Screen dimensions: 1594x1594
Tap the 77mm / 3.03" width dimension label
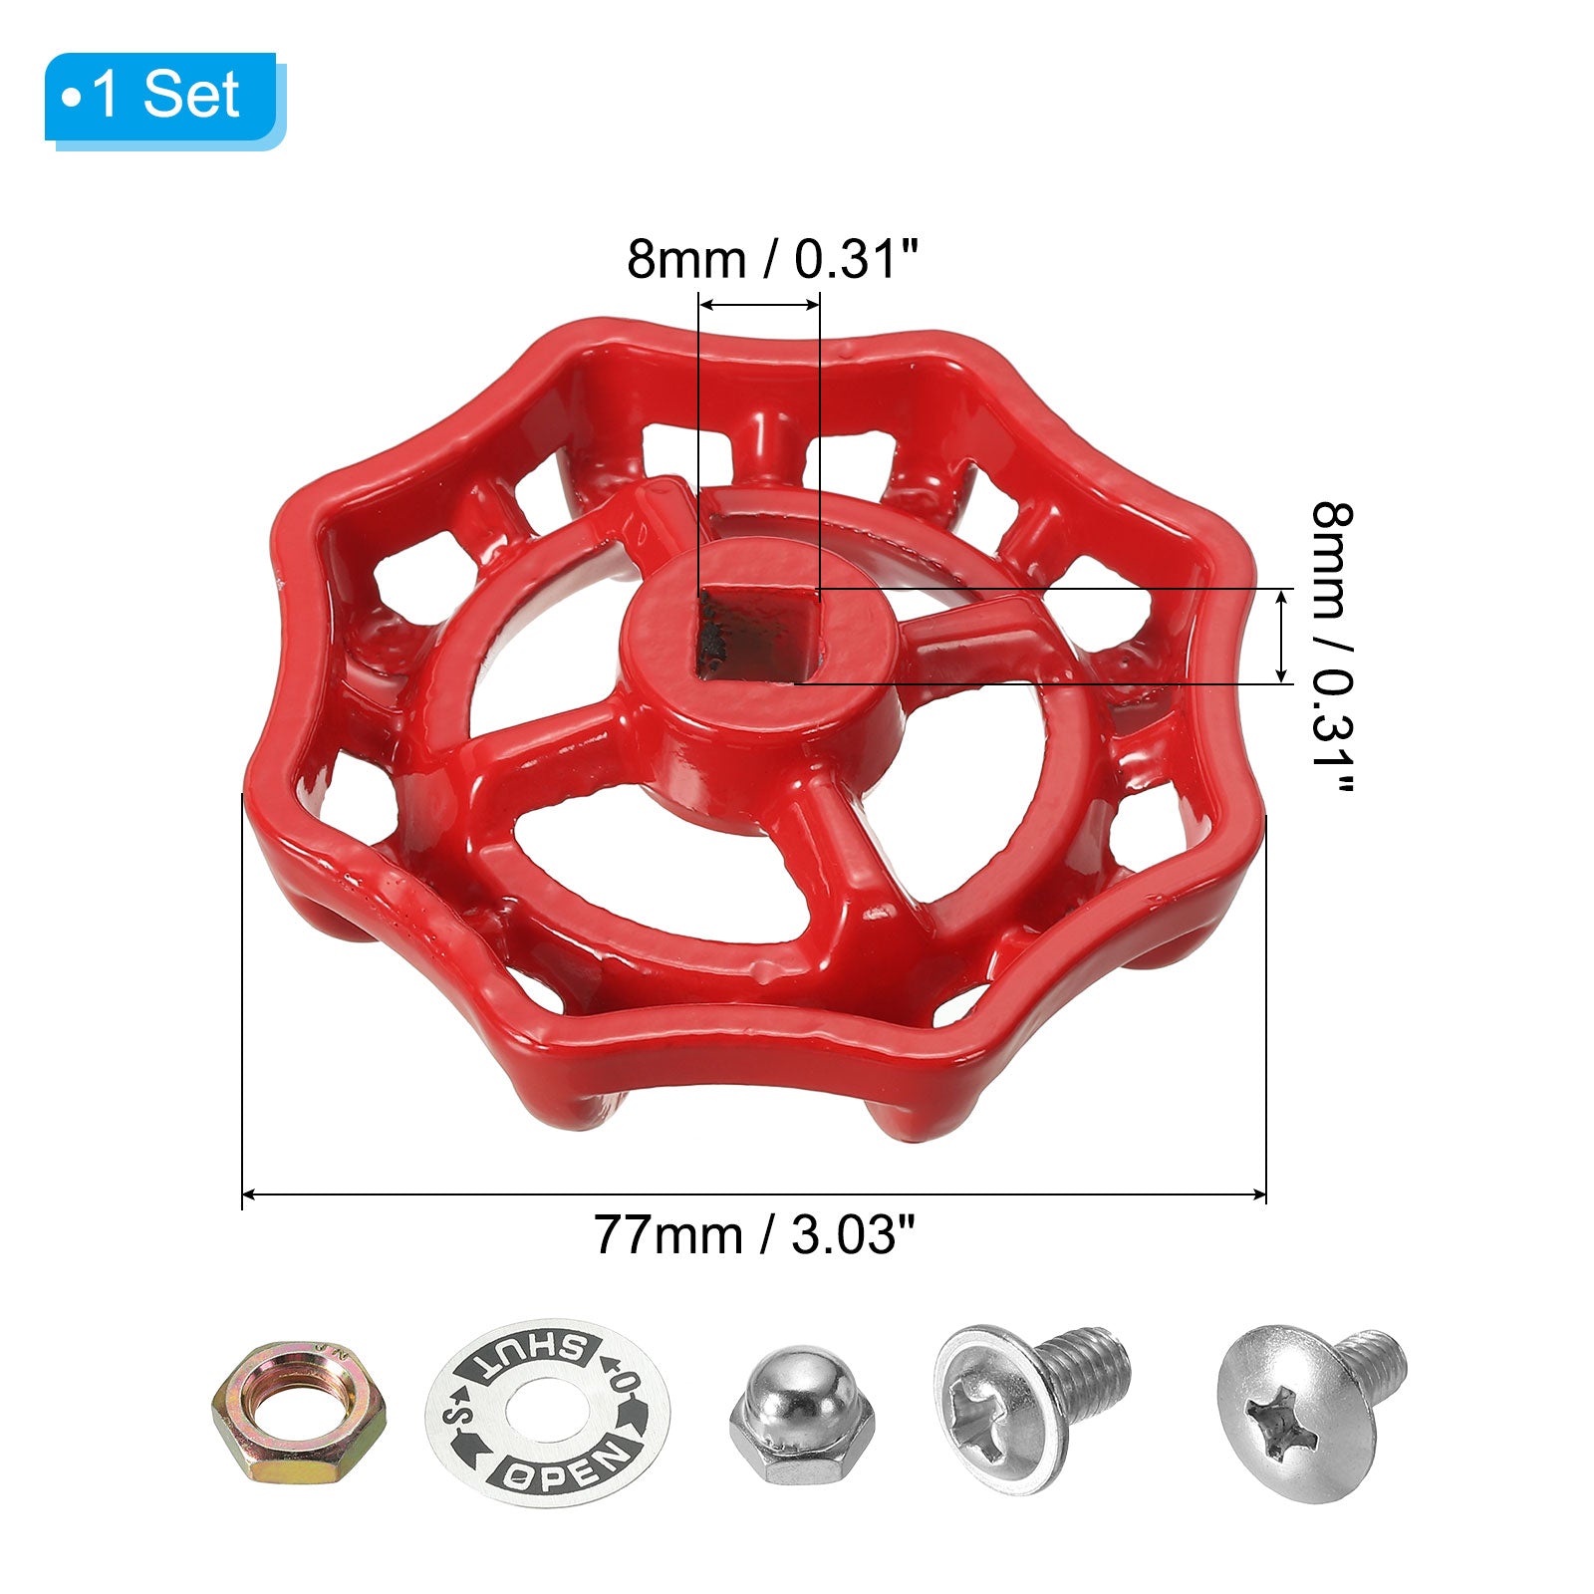[x=754, y=1236]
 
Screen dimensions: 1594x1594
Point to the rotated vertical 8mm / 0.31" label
[x=1331, y=648]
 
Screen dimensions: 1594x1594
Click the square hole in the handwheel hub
[x=757, y=635]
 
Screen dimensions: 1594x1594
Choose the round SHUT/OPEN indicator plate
[x=548, y=1412]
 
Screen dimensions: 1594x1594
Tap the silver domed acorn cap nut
[x=802, y=1415]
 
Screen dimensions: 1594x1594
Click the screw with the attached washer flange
[x=1031, y=1405]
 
